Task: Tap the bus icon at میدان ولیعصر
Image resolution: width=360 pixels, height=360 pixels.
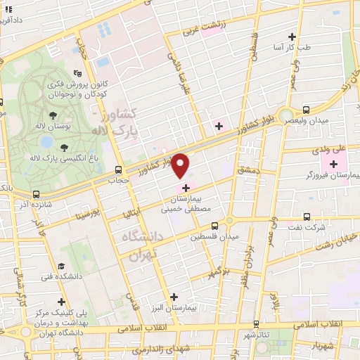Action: pyautogui.click(x=306, y=109)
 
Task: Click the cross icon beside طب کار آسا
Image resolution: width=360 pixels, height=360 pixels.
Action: pyautogui.click(x=292, y=37)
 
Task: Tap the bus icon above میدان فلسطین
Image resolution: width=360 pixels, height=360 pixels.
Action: pyautogui.click(x=214, y=226)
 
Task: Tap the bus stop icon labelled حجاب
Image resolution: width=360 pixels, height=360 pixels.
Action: pyautogui.click(x=118, y=169)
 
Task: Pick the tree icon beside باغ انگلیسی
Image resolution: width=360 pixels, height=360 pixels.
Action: pyautogui.click(x=65, y=146)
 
